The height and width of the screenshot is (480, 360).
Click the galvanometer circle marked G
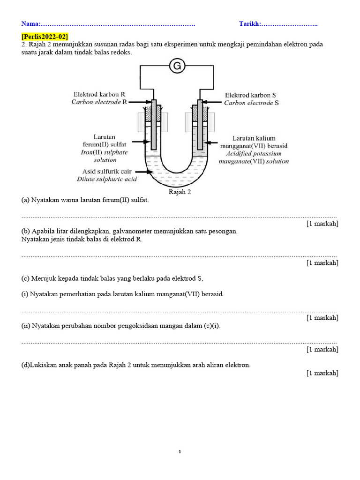pyautogui.click(x=177, y=67)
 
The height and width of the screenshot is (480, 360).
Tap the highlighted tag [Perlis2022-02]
pyautogui.click(x=45, y=37)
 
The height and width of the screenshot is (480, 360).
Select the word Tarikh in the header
pyautogui.click(x=249, y=24)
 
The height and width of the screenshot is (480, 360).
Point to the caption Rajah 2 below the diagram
pyautogui.click(x=180, y=192)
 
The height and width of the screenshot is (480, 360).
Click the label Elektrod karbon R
pyautogui.click(x=99, y=94)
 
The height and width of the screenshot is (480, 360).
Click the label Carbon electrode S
pyautogui.click(x=251, y=103)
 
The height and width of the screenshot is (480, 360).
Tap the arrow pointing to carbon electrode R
pyautogui.click(x=140, y=101)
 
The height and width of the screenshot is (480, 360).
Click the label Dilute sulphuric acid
pyautogui.click(x=107, y=179)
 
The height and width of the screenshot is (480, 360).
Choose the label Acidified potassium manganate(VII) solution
pyautogui.click(x=254, y=157)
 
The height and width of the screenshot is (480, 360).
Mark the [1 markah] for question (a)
pyautogui.click(x=322, y=224)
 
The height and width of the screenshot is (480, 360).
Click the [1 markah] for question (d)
pyautogui.click(x=322, y=373)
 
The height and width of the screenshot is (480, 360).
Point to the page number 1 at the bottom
pyautogui.click(x=180, y=452)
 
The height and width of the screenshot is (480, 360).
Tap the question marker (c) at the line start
pyautogui.click(x=25, y=278)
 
